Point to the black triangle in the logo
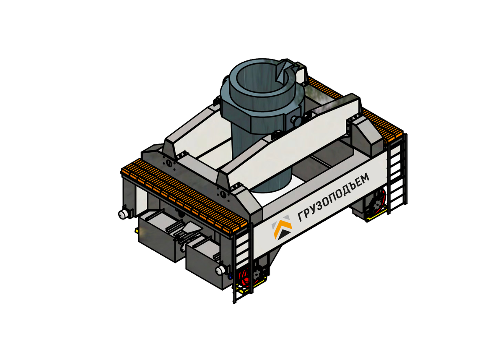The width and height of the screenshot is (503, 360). click(x=284, y=234)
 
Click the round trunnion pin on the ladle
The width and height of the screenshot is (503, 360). click(x=296, y=120)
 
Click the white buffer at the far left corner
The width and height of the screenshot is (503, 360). click(x=122, y=214)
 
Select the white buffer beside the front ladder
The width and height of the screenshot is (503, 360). click(x=220, y=270)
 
